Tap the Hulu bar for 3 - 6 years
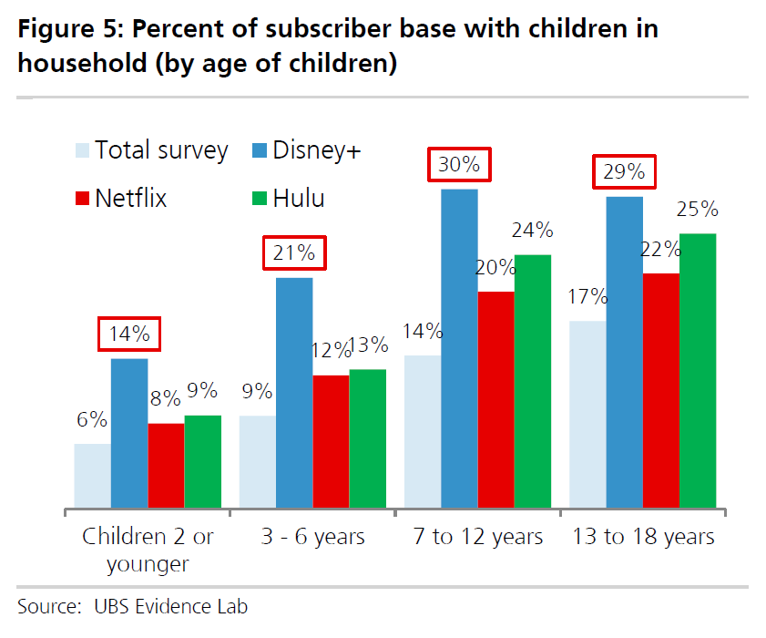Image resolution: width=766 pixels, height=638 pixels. (367, 437)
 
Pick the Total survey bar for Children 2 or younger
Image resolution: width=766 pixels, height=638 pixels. (92, 475)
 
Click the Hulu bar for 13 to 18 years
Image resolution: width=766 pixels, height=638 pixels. (697, 370)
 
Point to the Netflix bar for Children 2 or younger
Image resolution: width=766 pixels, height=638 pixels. (166, 465)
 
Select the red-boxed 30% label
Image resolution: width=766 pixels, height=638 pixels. (459, 166)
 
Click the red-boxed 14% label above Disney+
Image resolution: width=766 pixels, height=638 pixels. (129, 334)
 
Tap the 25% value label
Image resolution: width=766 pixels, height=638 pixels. (697, 210)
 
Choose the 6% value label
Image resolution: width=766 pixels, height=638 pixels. (92, 420)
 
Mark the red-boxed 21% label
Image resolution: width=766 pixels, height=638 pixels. (294, 252)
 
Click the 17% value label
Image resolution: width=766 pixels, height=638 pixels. (587, 296)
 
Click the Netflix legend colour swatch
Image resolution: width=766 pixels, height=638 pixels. (81, 198)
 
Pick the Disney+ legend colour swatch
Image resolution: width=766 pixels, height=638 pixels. (259, 150)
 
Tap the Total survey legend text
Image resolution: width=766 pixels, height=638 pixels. (161, 150)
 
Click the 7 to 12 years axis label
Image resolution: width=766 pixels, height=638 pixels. (476, 537)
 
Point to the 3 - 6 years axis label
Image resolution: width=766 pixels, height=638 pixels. (312, 537)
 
